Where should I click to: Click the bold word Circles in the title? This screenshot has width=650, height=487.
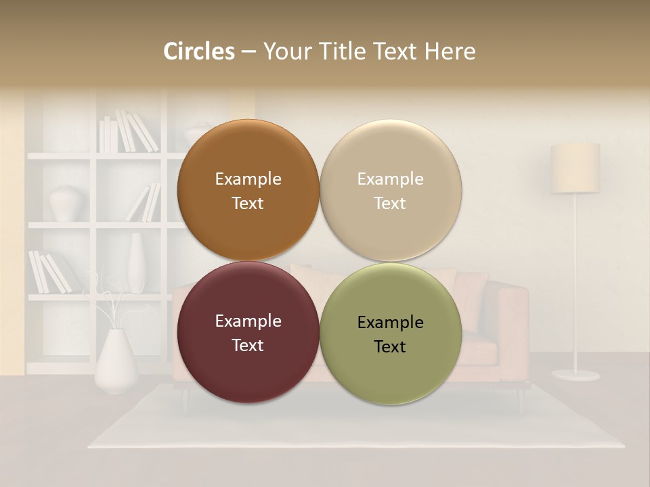199,51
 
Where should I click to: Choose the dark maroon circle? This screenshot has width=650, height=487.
248,365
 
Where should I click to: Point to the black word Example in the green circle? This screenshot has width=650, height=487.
391,322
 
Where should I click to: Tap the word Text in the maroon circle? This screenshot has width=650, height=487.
248,345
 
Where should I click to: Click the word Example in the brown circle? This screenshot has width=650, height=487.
248,179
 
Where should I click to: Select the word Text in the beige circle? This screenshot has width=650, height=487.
391,203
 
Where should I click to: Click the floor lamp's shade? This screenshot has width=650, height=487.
575,168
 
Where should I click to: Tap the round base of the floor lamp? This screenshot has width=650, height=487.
575,374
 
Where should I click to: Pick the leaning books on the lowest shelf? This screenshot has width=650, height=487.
49,272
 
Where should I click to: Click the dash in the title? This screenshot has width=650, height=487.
248,51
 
